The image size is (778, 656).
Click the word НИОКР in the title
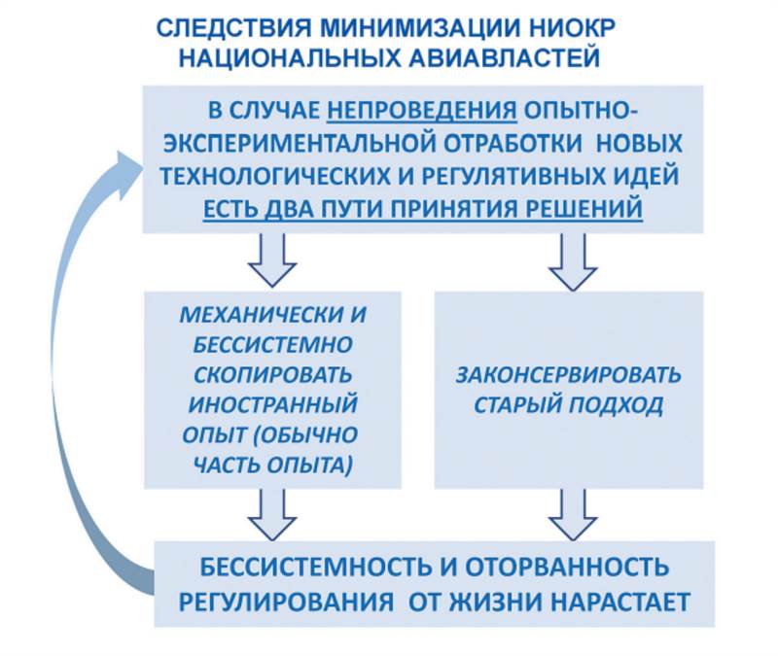527,28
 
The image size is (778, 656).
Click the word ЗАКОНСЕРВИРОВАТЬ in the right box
569,376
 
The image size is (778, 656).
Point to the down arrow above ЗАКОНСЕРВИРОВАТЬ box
573,258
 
